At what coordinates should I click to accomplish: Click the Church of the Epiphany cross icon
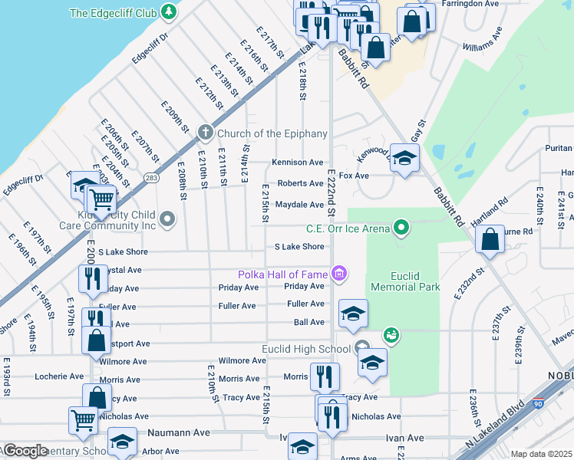(205, 133)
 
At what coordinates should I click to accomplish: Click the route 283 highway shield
(152, 178)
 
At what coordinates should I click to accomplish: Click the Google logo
(25, 451)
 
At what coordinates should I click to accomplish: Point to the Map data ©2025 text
(541, 454)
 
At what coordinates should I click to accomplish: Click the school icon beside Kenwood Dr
(404, 157)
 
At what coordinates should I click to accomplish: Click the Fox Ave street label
(355, 176)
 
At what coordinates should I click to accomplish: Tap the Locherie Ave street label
(59, 376)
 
